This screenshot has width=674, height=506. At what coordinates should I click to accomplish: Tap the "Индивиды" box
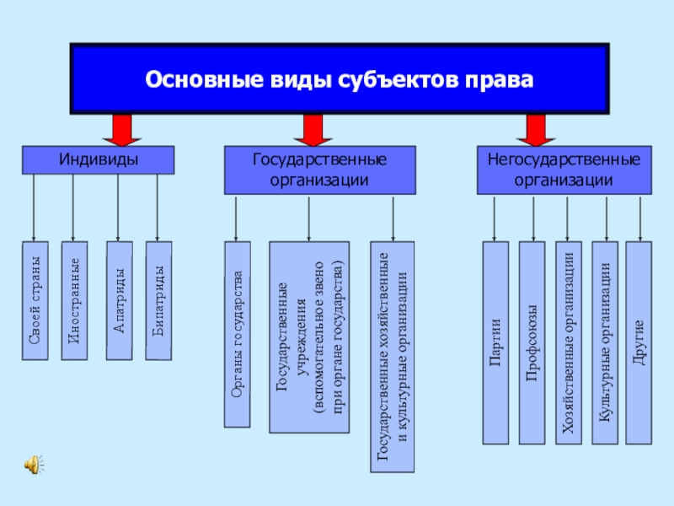[x=98, y=160]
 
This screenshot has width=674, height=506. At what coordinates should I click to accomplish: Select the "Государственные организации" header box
[x=320, y=170]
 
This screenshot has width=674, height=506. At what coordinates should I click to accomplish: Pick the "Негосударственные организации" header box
[x=564, y=170]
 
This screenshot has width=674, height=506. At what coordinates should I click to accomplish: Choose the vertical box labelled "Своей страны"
[x=35, y=300]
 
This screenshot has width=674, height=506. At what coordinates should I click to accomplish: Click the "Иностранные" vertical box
[x=74, y=300]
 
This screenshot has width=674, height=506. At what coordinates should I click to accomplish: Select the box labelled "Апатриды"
[x=119, y=300]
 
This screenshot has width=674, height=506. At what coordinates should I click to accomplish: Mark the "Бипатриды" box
[x=158, y=300]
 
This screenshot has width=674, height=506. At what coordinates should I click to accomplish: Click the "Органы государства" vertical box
[x=238, y=334]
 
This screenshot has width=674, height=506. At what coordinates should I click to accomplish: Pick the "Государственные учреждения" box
[x=309, y=336]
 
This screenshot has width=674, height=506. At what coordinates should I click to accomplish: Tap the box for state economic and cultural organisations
[x=393, y=357]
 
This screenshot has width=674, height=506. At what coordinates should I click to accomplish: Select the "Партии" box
[x=495, y=342]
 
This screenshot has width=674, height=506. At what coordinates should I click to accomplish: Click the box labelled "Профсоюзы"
[x=532, y=342]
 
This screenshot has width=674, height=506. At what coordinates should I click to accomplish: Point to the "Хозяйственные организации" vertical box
[x=568, y=342]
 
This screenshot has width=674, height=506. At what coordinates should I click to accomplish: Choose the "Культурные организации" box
[x=605, y=342]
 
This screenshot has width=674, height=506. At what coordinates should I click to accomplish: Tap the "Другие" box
[x=639, y=342]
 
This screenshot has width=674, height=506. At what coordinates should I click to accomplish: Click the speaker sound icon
[x=34, y=465]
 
